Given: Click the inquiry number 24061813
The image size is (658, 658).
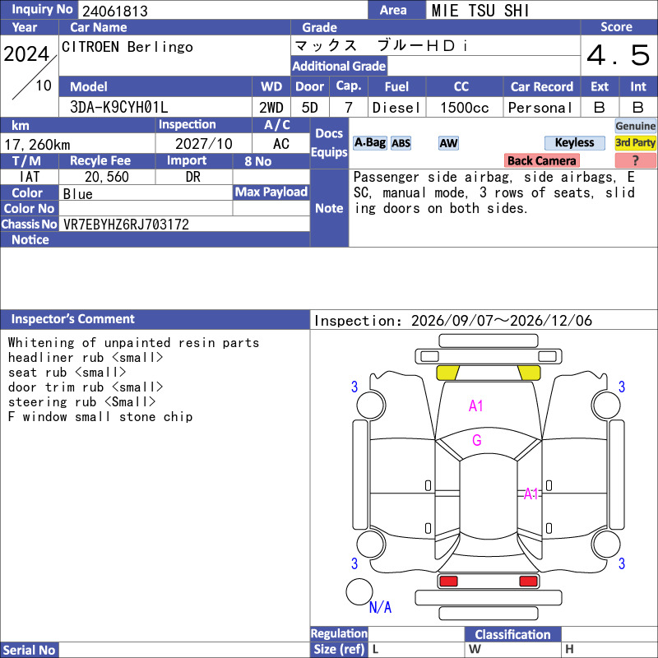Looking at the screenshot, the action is click(115, 11).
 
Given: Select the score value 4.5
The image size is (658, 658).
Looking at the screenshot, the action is click(619, 55).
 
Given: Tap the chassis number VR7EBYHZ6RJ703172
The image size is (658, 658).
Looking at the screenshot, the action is click(126, 225).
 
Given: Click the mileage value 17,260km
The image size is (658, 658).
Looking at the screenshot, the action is click(37, 145).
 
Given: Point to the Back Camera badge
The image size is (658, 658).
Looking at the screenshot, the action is click(542, 160).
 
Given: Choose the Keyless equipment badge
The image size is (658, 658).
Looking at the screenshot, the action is click(574, 142).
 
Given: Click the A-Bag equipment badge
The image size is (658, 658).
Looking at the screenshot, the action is click(369, 142).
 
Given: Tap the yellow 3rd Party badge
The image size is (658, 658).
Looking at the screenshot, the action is click(635, 142).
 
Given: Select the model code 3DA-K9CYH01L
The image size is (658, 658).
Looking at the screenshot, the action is click(118, 108).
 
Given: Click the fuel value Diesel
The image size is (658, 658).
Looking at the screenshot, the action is click(396, 108).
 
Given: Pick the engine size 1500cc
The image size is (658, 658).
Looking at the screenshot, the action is click(465, 108).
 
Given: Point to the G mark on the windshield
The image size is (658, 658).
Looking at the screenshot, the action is click(477, 440).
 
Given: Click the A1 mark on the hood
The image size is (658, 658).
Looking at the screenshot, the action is click(476, 405).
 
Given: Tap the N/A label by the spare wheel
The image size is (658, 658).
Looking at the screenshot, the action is click(380, 607).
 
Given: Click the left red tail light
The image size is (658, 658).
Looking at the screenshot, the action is click(448, 582).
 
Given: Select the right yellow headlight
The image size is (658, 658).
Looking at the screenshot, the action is click(529, 373).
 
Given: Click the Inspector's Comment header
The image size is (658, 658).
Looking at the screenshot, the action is click(72, 319).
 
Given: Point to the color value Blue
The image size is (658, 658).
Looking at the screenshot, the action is click(77, 194).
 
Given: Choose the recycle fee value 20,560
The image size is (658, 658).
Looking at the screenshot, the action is click(107, 177).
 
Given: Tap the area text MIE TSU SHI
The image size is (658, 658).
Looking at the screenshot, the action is click(480, 11).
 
